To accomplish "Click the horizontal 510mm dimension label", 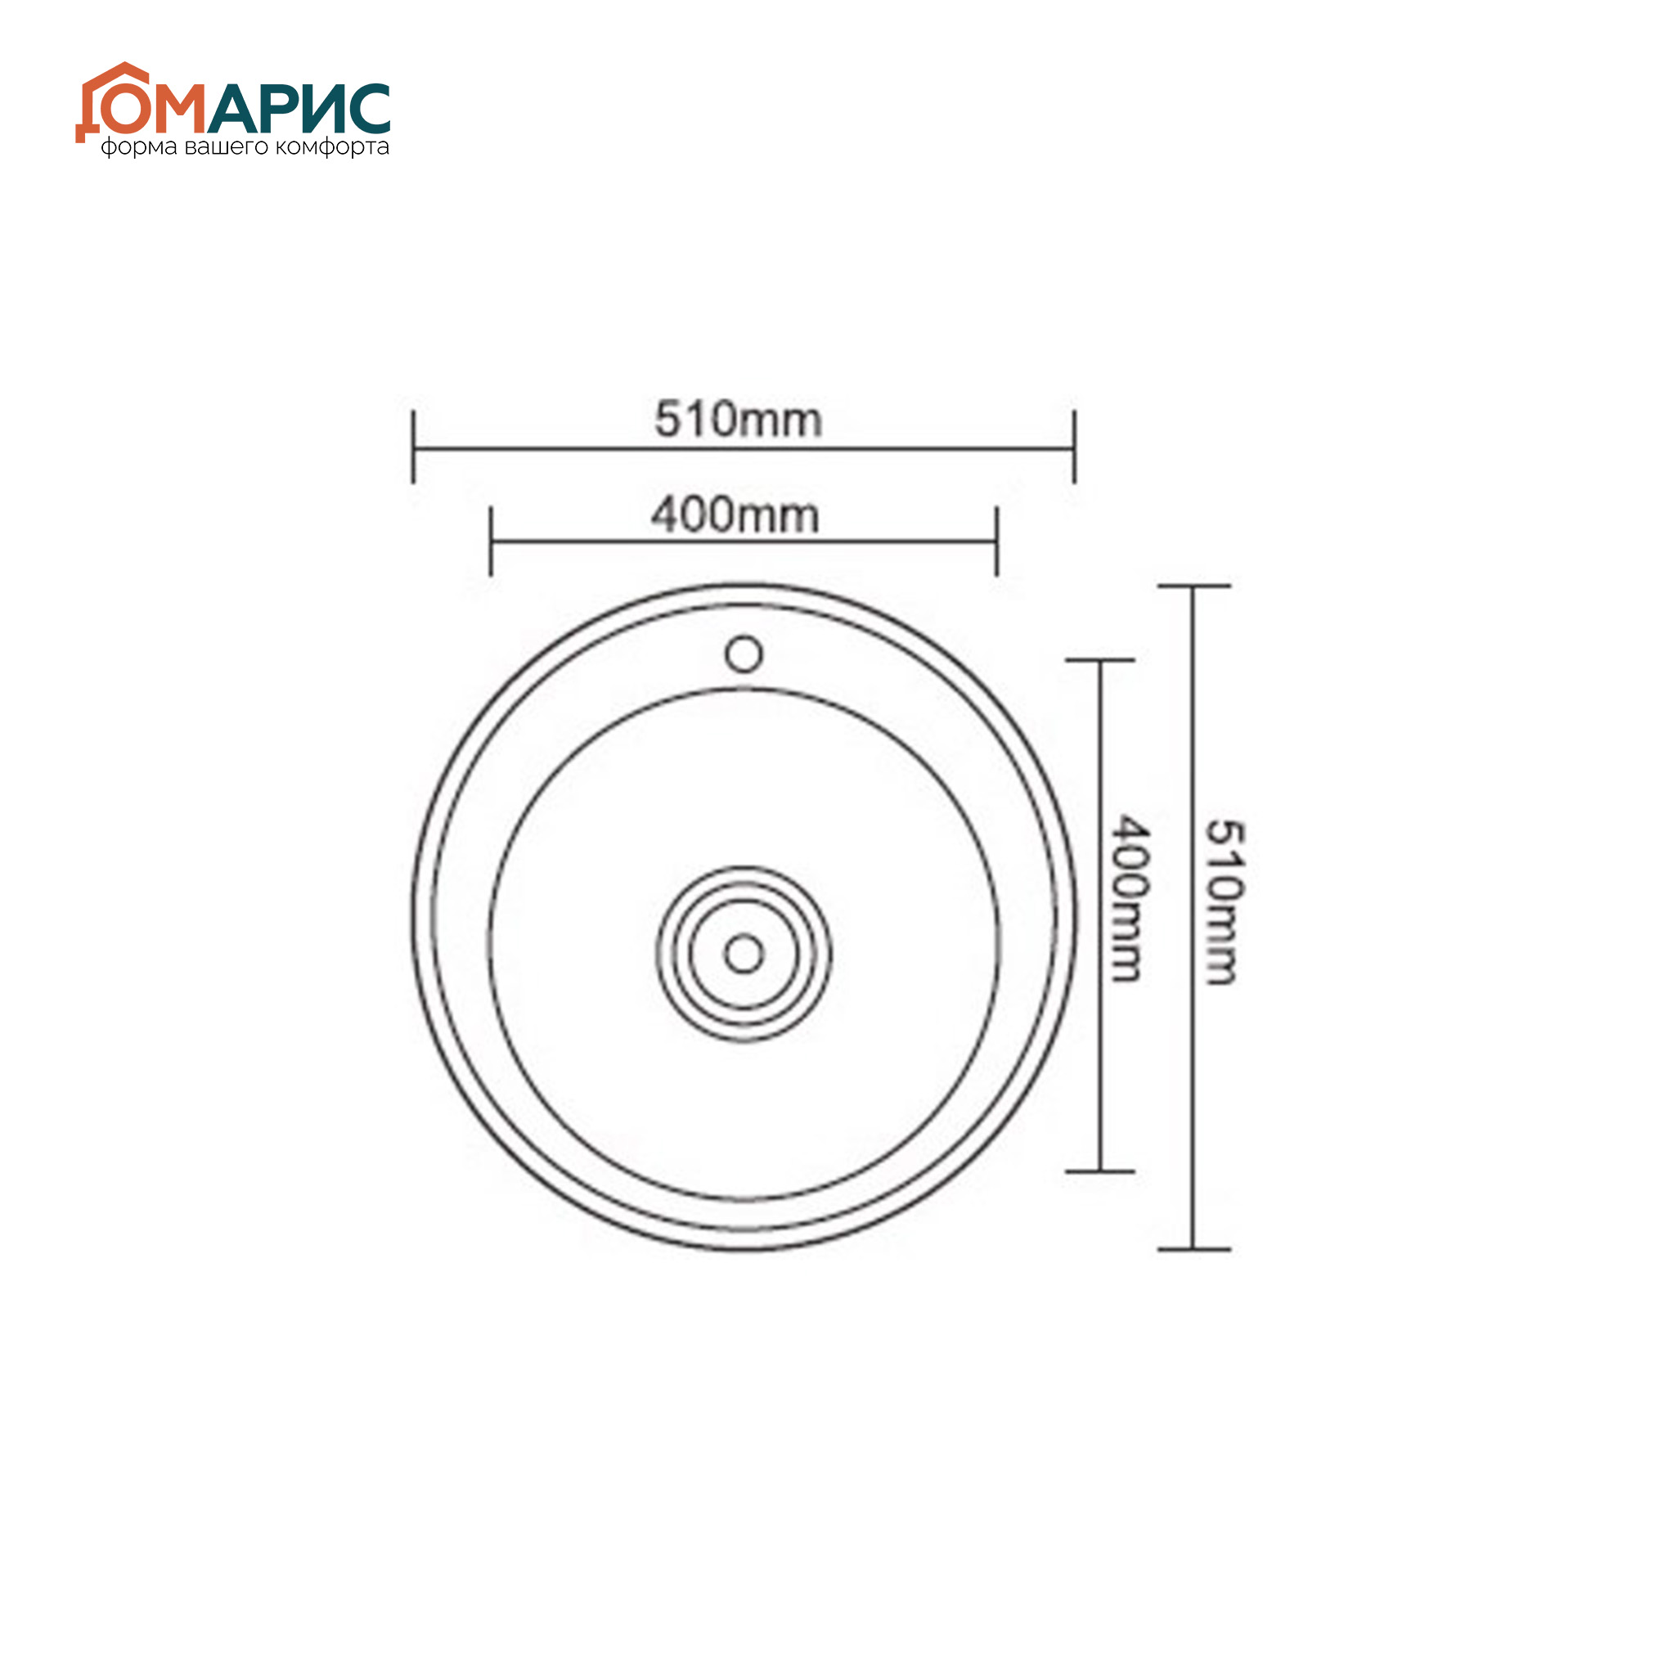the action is (738, 420).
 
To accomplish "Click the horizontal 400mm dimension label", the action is (735, 515).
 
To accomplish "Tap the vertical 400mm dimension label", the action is (1129, 898).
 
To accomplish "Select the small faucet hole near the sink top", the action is (744, 655).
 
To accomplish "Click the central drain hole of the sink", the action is (744, 954).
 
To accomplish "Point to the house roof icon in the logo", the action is (122, 76).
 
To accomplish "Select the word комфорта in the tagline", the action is (333, 147).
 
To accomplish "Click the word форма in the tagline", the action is (139, 148).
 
